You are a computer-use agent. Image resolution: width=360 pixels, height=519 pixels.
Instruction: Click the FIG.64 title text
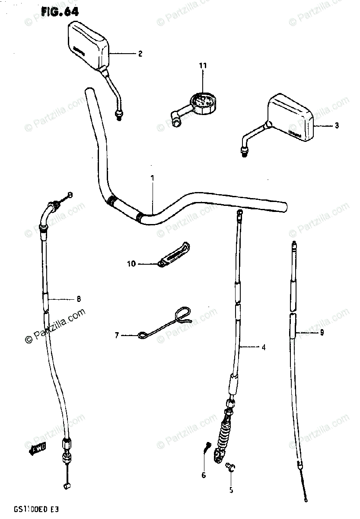[60, 12]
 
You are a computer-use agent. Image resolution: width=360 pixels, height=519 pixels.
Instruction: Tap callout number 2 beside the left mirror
[140, 54]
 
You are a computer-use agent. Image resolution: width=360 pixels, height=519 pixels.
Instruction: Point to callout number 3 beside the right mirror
[337, 126]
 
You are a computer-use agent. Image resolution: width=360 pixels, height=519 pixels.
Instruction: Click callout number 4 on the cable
[264, 347]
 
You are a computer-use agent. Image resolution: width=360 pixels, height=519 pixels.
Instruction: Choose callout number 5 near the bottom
[231, 490]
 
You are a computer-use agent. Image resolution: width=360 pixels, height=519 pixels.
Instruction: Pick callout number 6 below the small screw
[203, 476]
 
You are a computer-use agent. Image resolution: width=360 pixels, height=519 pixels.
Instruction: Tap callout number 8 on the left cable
[79, 298]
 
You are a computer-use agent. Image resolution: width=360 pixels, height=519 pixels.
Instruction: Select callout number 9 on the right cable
[322, 332]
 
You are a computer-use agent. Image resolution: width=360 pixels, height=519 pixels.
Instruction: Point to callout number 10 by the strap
[131, 263]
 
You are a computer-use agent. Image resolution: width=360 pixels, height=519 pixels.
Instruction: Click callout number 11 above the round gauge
[203, 66]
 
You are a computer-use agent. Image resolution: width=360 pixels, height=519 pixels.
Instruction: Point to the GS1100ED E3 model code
[30, 510]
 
